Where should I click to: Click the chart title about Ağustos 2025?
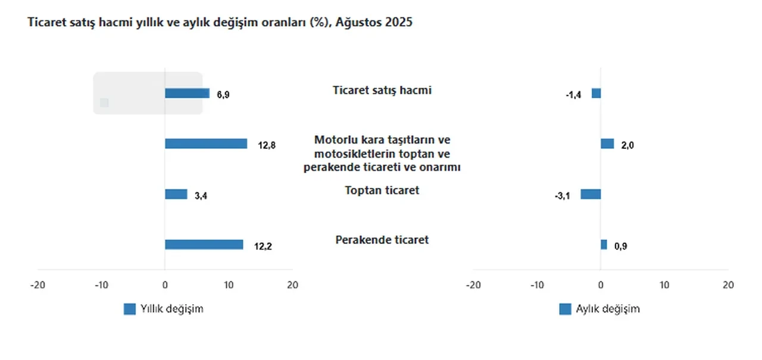click(220, 23)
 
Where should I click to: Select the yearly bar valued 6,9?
click(187, 93)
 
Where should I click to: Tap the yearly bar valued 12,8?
click(206, 143)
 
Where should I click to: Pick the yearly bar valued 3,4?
click(176, 194)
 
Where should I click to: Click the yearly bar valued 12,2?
click(204, 245)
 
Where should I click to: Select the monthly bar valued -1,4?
click(596, 93)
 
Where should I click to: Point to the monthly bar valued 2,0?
click(607, 143)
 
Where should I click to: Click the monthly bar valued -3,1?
click(591, 194)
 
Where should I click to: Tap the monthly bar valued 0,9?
click(604, 245)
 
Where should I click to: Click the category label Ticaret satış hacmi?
click(382, 90)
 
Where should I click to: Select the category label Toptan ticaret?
click(382, 190)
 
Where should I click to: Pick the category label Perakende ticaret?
click(382, 240)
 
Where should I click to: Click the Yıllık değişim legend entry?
click(164, 309)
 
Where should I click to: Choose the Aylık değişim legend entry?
click(600, 309)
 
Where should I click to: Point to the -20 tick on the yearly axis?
click(38, 285)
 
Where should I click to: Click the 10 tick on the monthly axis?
click(664, 285)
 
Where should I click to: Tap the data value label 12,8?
click(267, 145)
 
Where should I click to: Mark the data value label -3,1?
click(562, 195)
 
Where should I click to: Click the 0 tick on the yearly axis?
click(165, 285)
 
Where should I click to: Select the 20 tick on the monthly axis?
click(728, 285)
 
